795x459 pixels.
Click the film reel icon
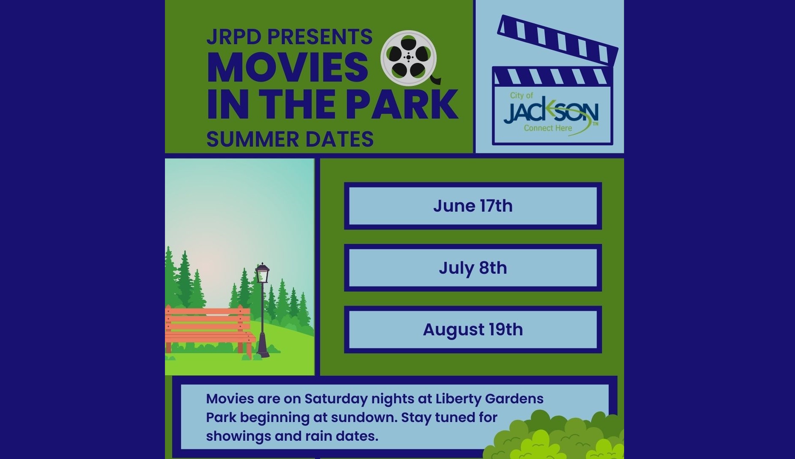click(409, 58)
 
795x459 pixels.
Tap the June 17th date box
click(473, 206)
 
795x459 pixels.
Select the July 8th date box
click(473, 268)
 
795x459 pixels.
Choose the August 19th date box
click(473, 330)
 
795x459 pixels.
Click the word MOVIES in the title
click(288, 68)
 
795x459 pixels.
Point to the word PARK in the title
click(402, 105)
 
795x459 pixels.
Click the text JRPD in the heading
click(233, 37)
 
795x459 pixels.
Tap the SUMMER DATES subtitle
click(290, 139)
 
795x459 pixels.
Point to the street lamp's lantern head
click(262, 274)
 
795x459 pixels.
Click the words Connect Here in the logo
click(548, 128)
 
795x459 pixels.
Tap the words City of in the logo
click(521, 96)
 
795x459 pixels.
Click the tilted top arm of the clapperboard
click(558, 40)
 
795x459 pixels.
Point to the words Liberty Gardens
click(489, 399)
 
